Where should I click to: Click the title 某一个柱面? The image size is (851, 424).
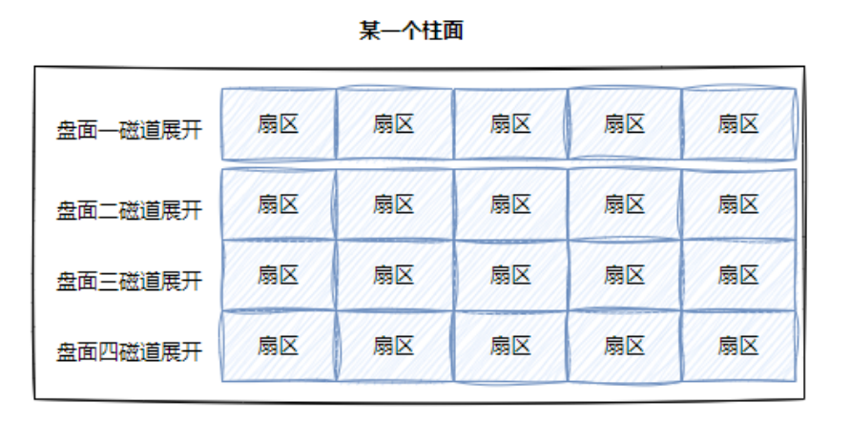(411, 32)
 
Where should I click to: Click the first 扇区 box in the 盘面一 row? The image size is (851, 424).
(278, 124)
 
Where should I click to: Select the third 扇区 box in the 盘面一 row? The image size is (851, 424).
(510, 124)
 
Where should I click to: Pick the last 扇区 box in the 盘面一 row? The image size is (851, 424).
(738, 124)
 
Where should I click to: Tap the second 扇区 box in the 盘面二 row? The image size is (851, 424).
(393, 204)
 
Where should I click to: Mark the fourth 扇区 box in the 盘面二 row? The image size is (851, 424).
(624, 204)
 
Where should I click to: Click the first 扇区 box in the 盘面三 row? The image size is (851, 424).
(278, 275)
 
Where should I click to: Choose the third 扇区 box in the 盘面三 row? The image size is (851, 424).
(510, 275)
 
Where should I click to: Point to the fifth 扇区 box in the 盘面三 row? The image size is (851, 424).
(738, 275)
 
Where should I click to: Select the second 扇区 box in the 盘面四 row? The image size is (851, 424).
(393, 346)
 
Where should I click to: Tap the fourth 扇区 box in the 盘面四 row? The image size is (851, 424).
(624, 346)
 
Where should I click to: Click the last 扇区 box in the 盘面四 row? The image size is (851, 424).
(738, 346)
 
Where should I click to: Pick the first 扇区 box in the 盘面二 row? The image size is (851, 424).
(278, 204)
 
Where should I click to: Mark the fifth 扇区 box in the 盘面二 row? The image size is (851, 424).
(738, 204)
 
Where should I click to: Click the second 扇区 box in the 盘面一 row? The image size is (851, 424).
(393, 124)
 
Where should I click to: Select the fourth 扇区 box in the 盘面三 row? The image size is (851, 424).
(624, 275)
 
